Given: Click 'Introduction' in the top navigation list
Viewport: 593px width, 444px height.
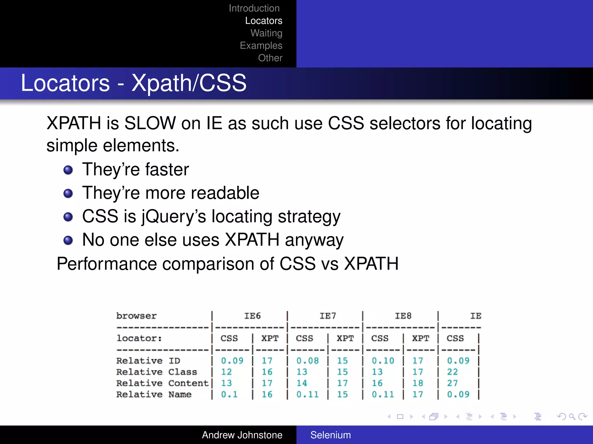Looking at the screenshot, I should (254, 8).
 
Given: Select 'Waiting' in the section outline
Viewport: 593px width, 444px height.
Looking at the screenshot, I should (266, 33).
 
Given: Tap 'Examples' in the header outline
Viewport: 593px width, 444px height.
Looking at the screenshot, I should (261, 45).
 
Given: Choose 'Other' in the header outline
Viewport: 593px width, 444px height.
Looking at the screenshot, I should (270, 58).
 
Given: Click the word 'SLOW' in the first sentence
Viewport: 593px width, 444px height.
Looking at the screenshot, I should (150, 123).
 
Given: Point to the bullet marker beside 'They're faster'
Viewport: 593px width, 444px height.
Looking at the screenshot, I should (68, 170).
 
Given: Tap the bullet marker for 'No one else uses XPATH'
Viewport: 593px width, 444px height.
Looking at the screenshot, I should (68, 240).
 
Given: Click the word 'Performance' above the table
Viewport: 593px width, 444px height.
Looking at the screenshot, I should (107, 264).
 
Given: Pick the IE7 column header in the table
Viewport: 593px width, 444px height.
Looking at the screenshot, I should (327, 316).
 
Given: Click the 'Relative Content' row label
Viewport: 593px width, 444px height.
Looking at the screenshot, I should (162, 383).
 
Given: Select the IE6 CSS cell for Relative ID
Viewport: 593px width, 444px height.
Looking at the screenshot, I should (232, 361).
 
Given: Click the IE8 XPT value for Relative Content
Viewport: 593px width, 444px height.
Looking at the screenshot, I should (418, 383).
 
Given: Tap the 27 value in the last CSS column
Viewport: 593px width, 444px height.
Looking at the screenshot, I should (452, 383).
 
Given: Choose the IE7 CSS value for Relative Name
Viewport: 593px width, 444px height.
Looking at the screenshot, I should (307, 394).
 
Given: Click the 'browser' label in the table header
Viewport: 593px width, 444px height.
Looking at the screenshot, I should (136, 316).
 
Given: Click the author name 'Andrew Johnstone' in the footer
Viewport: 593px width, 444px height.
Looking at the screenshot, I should (242, 435).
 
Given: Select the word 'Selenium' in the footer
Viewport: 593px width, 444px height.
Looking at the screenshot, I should (330, 435).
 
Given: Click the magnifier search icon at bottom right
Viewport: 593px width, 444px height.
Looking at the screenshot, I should (572, 417).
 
